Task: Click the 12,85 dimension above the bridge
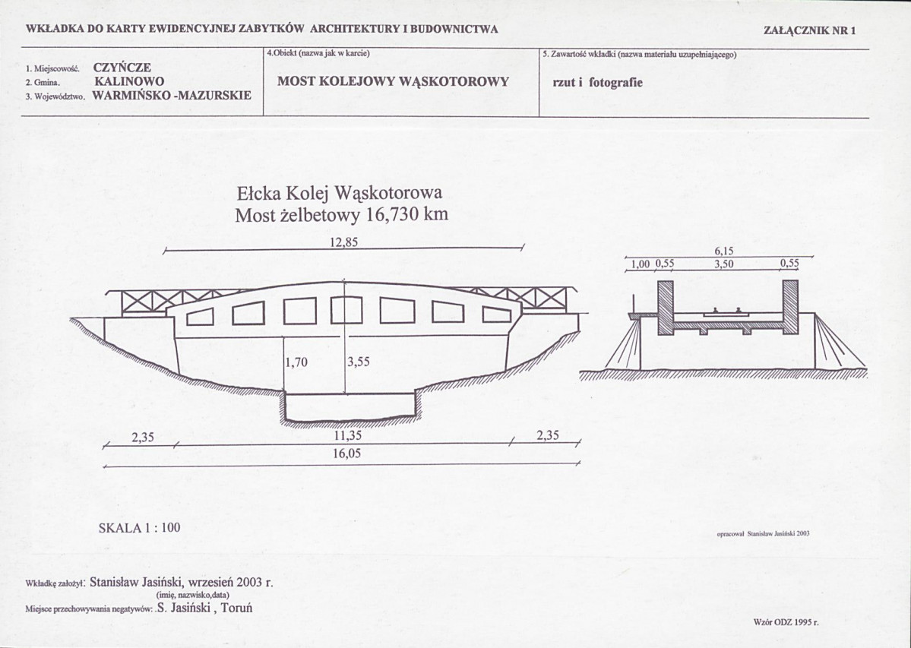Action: [x=344, y=242]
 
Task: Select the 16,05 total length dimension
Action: [x=346, y=454]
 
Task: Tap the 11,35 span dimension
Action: [x=348, y=435]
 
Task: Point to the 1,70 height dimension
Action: [x=297, y=362]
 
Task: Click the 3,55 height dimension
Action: [x=359, y=362]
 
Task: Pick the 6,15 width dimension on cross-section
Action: [x=724, y=251]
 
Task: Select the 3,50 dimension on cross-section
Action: [x=724, y=264]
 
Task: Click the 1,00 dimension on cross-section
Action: [x=641, y=264]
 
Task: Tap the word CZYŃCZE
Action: [x=122, y=68]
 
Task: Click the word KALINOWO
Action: [x=129, y=81]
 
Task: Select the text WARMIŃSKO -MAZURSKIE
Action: [x=172, y=95]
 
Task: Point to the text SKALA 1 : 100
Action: [x=140, y=528]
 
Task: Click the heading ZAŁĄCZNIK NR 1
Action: [x=810, y=31]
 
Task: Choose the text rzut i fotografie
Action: [x=598, y=83]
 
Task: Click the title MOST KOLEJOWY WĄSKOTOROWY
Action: [x=394, y=81]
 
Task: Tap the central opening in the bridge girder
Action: [x=346, y=309]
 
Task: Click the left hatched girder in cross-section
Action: [x=666, y=308]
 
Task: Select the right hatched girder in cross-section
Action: [x=790, y=308]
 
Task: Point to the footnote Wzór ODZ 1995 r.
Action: [x=786, y=622]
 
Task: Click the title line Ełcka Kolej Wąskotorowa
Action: [x=340, y=194]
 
